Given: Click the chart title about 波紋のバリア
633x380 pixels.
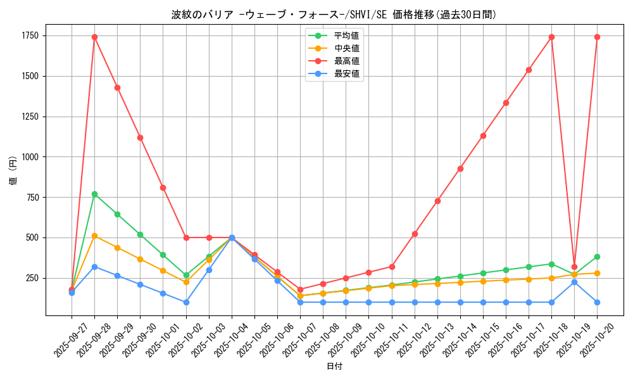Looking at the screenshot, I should point(334,15).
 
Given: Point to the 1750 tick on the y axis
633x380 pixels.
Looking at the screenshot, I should point(29,35).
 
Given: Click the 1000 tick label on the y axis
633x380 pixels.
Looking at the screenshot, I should point(29,157).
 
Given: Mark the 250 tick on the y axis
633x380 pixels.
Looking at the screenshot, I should point(32,278).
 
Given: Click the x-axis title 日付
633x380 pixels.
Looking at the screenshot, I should point(334,367).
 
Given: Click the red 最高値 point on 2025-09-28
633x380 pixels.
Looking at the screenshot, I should point(94,37).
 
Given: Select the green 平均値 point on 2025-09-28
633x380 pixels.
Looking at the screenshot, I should point(94,194).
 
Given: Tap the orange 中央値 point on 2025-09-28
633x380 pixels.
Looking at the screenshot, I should point(94,236).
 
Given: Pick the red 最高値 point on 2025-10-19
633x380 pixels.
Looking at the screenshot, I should point(574,267).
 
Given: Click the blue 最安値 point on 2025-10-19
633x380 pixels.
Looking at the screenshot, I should point(574,282).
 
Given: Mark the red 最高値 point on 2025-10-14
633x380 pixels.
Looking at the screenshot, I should point(460,168).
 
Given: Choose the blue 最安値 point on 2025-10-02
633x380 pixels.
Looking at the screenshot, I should point(186,302).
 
